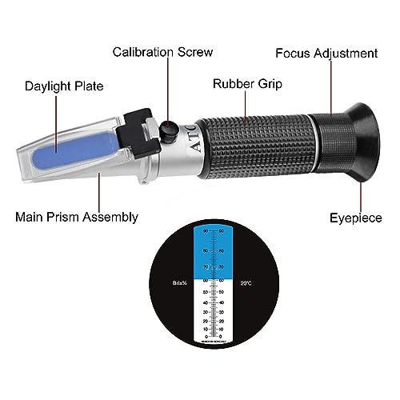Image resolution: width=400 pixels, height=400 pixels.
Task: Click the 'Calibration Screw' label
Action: click(162, 52)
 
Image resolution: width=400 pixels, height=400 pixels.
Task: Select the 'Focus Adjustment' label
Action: click(326, 53)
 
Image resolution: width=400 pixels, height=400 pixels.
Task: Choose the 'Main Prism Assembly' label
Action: click(77, 216)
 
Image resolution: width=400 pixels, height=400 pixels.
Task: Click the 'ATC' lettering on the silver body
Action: click(194, 133)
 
